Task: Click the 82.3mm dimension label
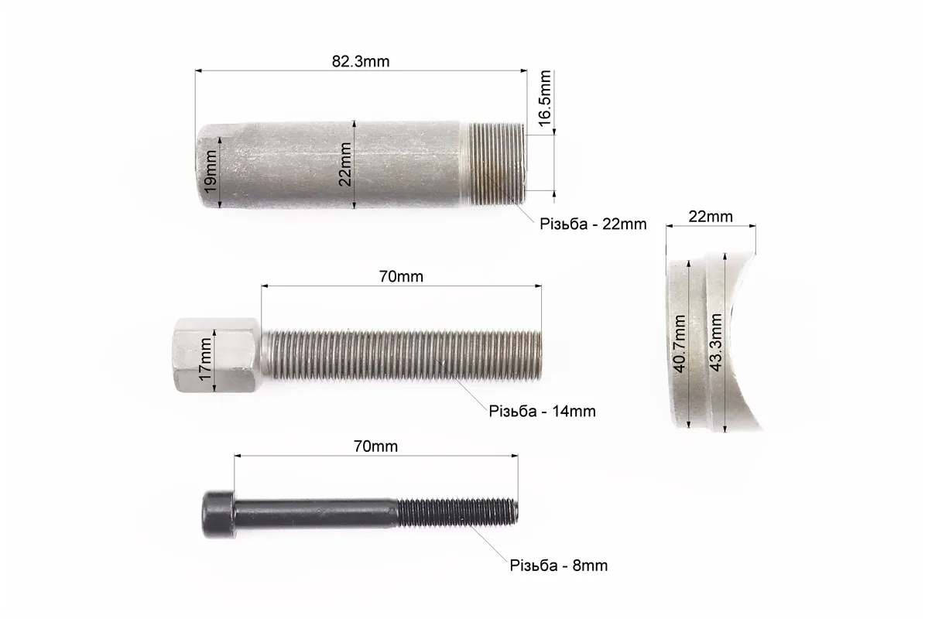click(x=361, y=61)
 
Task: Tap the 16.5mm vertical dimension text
click(x=544, y=97)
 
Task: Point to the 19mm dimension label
click(x=210, y=172)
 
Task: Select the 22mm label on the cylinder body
click(x=345, y=165)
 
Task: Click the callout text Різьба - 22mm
click(x=593, y=224)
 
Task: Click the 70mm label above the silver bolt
click(x=401, y=276)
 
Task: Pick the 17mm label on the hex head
click(x=204, y=359)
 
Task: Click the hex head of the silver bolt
click(x=217, y=355)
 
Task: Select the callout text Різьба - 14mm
click(x=542, y=411)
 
